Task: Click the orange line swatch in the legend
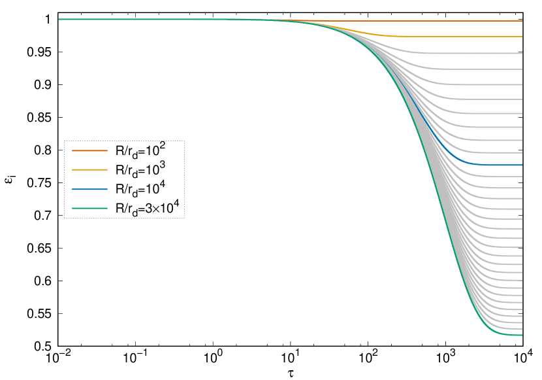coord(89,150)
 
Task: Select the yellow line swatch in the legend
coord(89,169)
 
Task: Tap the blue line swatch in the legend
coord(89,189)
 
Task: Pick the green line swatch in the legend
coord(89,208)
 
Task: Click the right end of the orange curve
coord(521,21)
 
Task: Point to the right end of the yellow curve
coord(521,37)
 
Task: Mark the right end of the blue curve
coord(521,165)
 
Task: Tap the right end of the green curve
coord(521,335)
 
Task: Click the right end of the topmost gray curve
coord(521,53)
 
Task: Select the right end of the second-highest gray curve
coord(521,69)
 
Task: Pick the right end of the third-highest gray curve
coord(521,84)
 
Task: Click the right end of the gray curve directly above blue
coord(521,152)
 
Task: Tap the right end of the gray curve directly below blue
coord(521,177)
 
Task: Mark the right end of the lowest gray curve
coord(521,329)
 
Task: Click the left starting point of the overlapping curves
coord(59,19)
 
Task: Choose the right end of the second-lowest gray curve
coord(521,322)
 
